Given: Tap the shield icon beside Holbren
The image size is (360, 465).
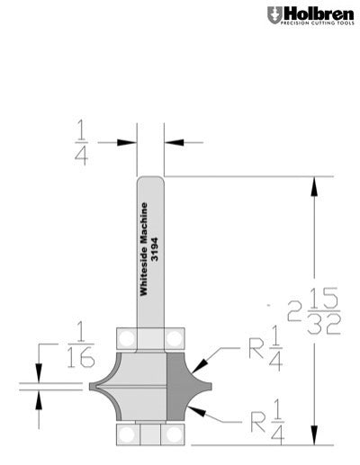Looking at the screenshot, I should point(273,15).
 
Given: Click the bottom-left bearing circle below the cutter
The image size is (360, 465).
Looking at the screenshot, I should point(128,434).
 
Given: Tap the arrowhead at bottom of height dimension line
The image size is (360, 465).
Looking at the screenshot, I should point(314,436).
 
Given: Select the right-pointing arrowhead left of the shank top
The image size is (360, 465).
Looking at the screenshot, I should point(131,141).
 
